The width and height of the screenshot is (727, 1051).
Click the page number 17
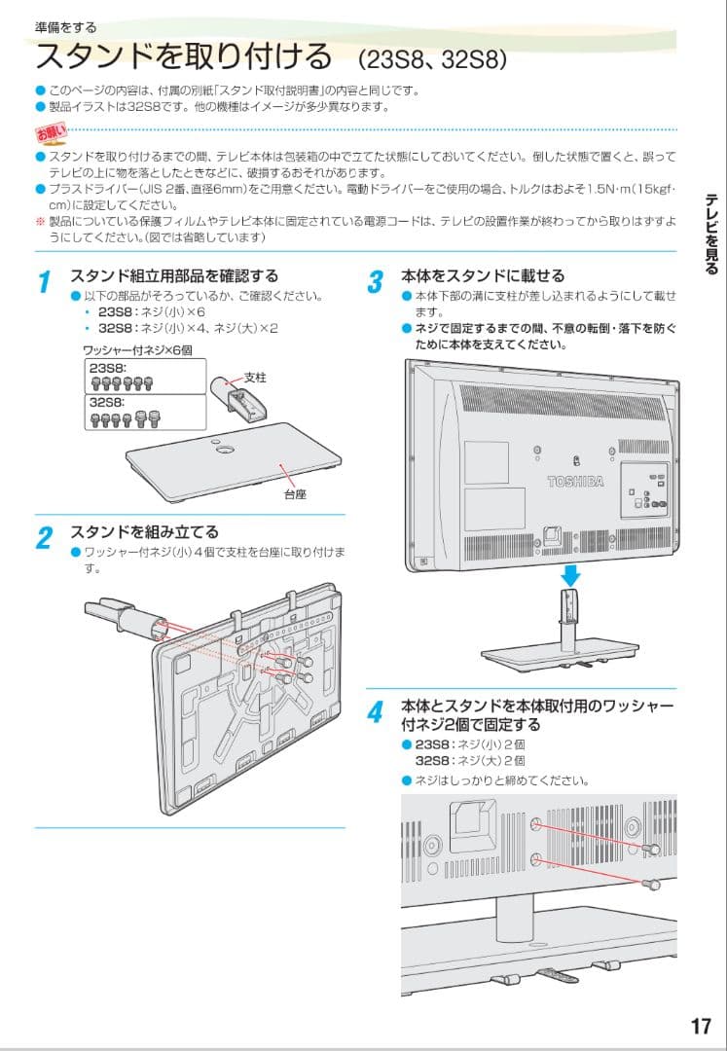click(701, 1026)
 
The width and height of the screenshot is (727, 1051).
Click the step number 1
click(44, 283)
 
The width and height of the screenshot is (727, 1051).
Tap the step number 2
click(44, 539)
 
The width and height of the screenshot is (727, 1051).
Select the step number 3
click(376, 283)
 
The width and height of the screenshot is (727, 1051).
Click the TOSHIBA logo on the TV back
click(575, 482)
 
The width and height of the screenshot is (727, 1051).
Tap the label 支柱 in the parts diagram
click(255, 376)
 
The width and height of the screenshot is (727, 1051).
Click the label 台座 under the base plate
click(295, 493)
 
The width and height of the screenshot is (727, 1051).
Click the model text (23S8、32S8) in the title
click(432, 60)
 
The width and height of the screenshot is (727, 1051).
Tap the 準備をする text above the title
click(65, 27)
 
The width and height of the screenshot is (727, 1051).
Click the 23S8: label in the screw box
click(106, 368)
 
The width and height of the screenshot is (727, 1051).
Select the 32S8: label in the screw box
click(106, 400)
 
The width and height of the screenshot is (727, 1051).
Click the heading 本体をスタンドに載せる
click(483, 276)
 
